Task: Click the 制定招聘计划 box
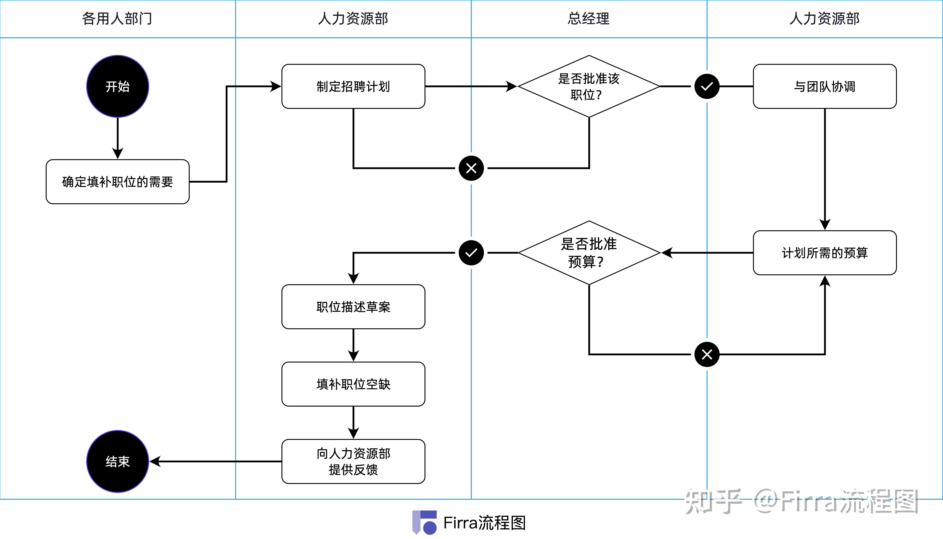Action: point(353,86)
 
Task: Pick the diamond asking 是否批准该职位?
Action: point(589,86)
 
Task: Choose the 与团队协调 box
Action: point(825,86)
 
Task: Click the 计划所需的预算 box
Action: point(825,253)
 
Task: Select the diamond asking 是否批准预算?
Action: point(589,253)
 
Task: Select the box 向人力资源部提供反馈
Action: point(353,461)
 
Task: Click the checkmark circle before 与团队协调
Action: point(707,86)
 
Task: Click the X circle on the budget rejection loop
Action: point(707,355)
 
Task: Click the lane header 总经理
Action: point(589,19)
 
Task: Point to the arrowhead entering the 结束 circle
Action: point(155,461)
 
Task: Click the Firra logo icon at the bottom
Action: point(425,522)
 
